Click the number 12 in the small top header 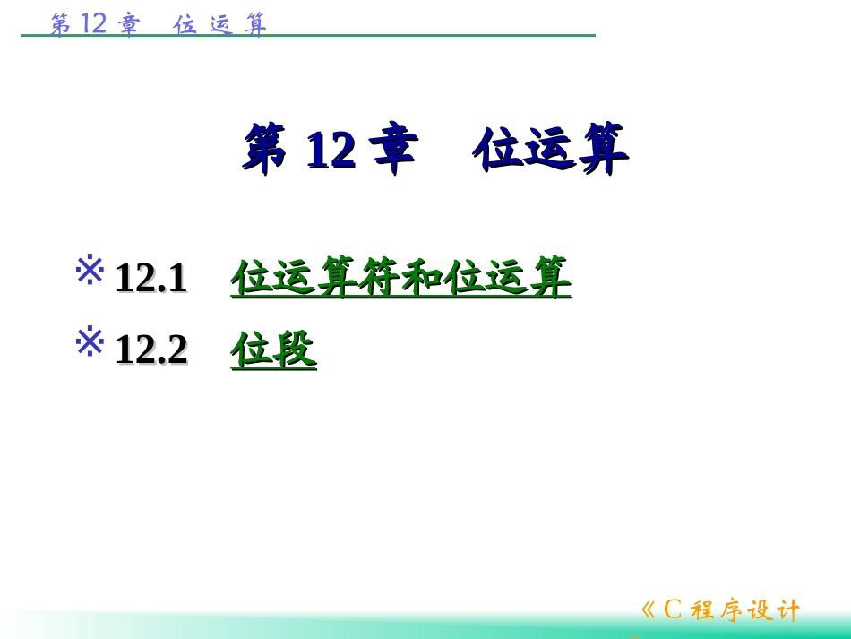point(94,23)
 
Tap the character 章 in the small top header point(130,24)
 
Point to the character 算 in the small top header point(256,24)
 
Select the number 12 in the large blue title point(330,151)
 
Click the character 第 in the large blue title point(265,149)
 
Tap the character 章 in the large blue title point(394,149)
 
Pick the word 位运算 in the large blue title point(550,149)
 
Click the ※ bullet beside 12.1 point(90,271)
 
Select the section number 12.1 point(150,278)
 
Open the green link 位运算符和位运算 point(400,277)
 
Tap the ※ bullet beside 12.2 point(90,342)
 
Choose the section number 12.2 point(150,350)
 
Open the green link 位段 point(273,350)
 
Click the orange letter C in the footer point(673,610)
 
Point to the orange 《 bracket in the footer point(649,611)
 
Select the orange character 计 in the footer point(787,611)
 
